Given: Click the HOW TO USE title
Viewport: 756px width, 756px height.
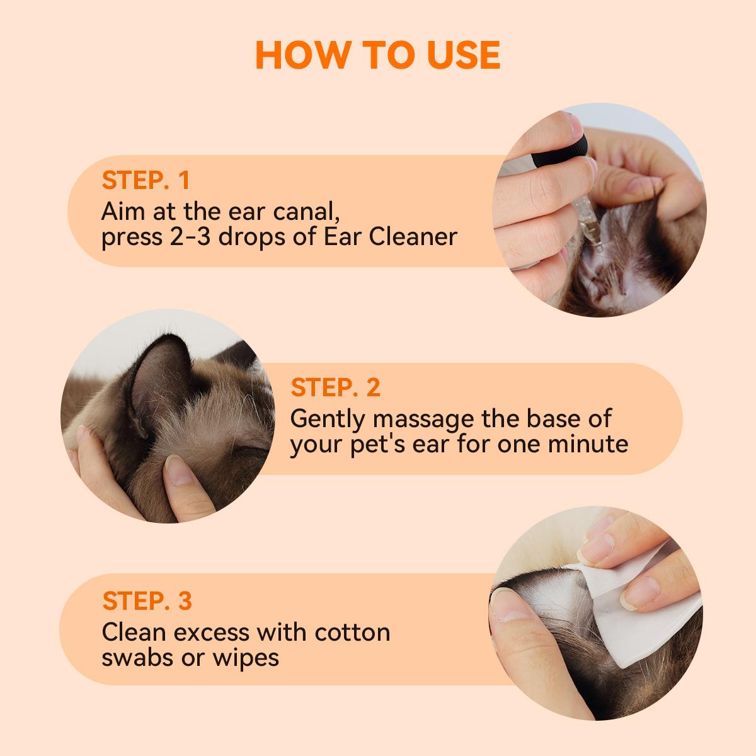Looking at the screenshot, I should [x=378, y=55].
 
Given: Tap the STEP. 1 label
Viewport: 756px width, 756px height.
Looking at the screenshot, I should [x=146, y=180].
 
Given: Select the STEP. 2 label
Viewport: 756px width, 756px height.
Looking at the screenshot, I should [x=336, y=387].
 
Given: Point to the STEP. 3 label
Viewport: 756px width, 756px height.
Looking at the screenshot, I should [x=147, y=600].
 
